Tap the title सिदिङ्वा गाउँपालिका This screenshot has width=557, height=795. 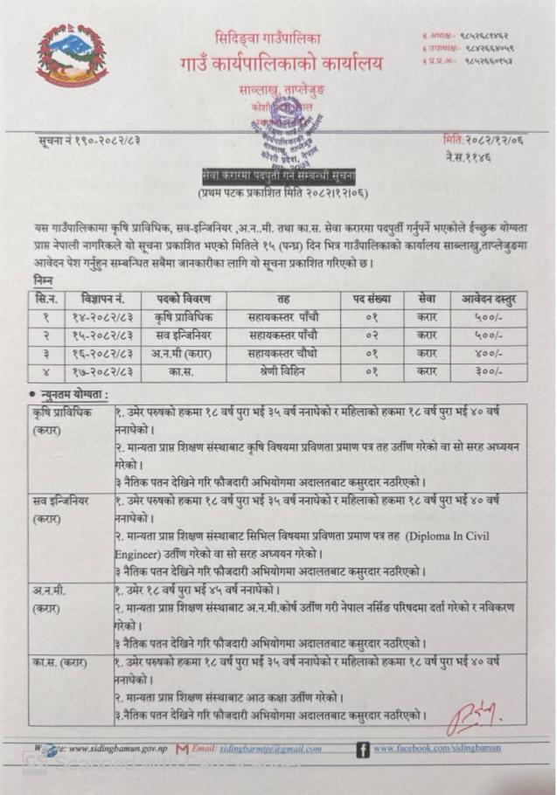point(268,38)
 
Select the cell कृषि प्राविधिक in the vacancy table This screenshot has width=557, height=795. point(182,316)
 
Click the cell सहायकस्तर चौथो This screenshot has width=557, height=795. point(282,354)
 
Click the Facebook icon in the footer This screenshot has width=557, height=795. point(362,749)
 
